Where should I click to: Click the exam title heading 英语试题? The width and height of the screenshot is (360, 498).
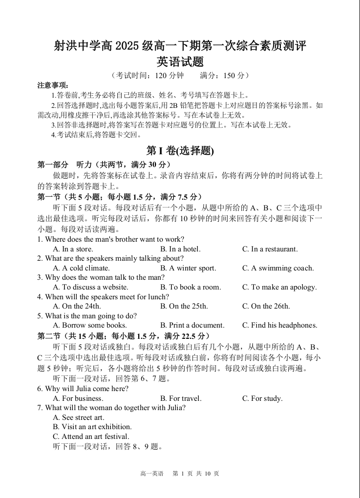click(x=180, y=62)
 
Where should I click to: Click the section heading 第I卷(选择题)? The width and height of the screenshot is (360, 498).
click(x=180, y=151)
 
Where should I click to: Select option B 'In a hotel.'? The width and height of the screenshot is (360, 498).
click(x=180, y=249)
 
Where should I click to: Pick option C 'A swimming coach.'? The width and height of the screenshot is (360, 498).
click(x=278, y=268)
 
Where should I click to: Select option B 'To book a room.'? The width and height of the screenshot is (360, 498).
click(x=191, y=287)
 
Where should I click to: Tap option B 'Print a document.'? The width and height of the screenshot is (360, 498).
click(x=192, y=325)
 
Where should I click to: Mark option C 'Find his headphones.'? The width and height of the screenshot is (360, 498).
click(x=279, y=325)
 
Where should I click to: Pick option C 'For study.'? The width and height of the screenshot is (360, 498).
click(x=262, y=398)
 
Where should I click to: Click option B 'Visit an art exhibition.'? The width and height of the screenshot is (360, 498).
click(x=92, y=427)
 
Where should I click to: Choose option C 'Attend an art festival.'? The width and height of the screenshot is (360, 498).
click(x=91, y=436)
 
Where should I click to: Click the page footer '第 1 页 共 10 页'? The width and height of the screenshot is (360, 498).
click(x=196, y=474)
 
